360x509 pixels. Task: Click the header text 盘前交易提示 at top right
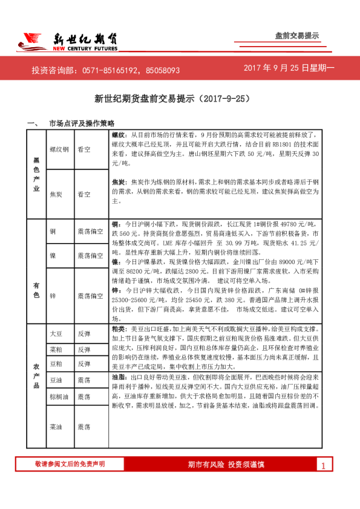coord(296,36)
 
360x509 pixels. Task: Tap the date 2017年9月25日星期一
coord(289,69)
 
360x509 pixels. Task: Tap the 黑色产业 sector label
coord(36,172)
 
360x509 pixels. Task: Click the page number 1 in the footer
coord(324,465)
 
